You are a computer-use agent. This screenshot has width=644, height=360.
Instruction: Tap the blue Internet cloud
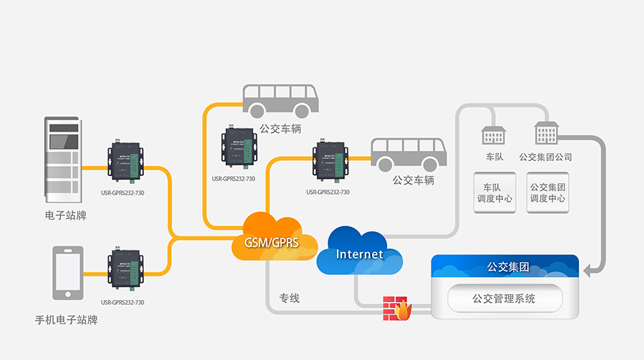360,253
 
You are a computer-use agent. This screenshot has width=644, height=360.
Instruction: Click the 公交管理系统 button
504,298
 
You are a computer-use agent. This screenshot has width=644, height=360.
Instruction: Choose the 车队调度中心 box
494,193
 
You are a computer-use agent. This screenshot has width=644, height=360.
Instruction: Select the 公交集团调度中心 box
547,193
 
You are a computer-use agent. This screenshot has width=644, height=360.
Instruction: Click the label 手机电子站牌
66,320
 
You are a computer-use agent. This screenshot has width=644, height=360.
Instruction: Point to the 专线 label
289,298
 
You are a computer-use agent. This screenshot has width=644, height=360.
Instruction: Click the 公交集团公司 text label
545,157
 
